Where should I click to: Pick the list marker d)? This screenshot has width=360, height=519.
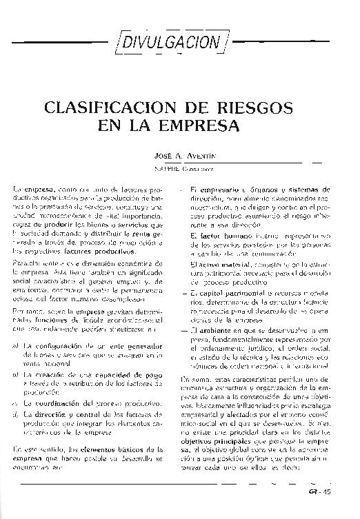coord(15,413)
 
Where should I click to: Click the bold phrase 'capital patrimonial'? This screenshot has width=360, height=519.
coord(221,292)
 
